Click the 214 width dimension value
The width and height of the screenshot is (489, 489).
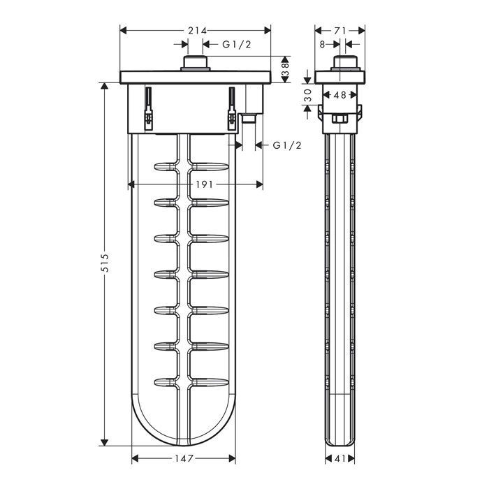pos(197,31)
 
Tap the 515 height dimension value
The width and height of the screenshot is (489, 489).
pos(105,263)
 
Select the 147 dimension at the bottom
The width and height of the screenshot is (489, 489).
pos(184,458)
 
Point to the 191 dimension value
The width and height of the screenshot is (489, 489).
pos(204,184)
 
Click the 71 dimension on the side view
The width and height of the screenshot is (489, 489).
pos(340,31)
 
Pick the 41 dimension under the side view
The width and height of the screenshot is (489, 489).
pos(340,458)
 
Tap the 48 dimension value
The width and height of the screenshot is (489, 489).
pos(340,94)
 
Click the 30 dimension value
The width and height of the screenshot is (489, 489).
pos(308,95)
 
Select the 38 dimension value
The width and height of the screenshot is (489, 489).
pos(286,70)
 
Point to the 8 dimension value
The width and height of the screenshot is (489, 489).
pos(322,44)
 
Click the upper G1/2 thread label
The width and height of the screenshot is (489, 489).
pos(236,44)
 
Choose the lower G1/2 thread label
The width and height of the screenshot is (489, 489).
pos(287,145)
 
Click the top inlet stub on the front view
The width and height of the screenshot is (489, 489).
pos(196,64)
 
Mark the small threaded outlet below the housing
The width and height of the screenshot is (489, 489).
pos(249,119)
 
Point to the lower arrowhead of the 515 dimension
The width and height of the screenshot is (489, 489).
pos(105,442)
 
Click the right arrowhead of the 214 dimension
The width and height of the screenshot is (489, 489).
pos(268,31)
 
